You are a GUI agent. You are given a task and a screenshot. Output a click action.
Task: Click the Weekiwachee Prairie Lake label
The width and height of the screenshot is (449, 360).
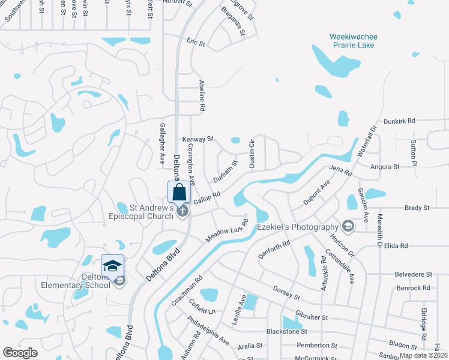[x=361, y=41]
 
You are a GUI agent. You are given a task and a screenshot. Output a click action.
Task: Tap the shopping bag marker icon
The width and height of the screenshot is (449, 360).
[x=179, y=193]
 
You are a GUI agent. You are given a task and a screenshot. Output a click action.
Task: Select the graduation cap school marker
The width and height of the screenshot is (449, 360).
[x=112, y=265]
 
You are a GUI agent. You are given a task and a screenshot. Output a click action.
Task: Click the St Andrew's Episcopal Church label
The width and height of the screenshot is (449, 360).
[x=152, y=212]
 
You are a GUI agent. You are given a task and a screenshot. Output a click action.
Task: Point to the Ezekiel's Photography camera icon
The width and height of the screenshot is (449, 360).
[x=347, y=226]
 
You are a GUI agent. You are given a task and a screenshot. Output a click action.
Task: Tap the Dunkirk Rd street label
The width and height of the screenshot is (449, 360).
[x=399, y=121]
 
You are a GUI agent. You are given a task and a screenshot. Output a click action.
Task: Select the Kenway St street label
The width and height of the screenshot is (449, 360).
[x=198, y=139]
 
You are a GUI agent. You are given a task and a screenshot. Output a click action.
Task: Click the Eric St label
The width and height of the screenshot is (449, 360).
[x=196, y=43]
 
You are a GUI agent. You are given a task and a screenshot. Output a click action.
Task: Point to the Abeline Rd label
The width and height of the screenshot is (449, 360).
[x=203, y=97]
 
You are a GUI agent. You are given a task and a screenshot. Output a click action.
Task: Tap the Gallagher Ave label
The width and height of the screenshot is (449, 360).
[x=162, y=144]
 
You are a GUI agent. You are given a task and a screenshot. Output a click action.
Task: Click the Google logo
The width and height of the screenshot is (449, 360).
[x=20, y=352]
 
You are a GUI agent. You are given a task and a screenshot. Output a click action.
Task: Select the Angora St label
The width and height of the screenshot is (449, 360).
[x=385, y=167]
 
